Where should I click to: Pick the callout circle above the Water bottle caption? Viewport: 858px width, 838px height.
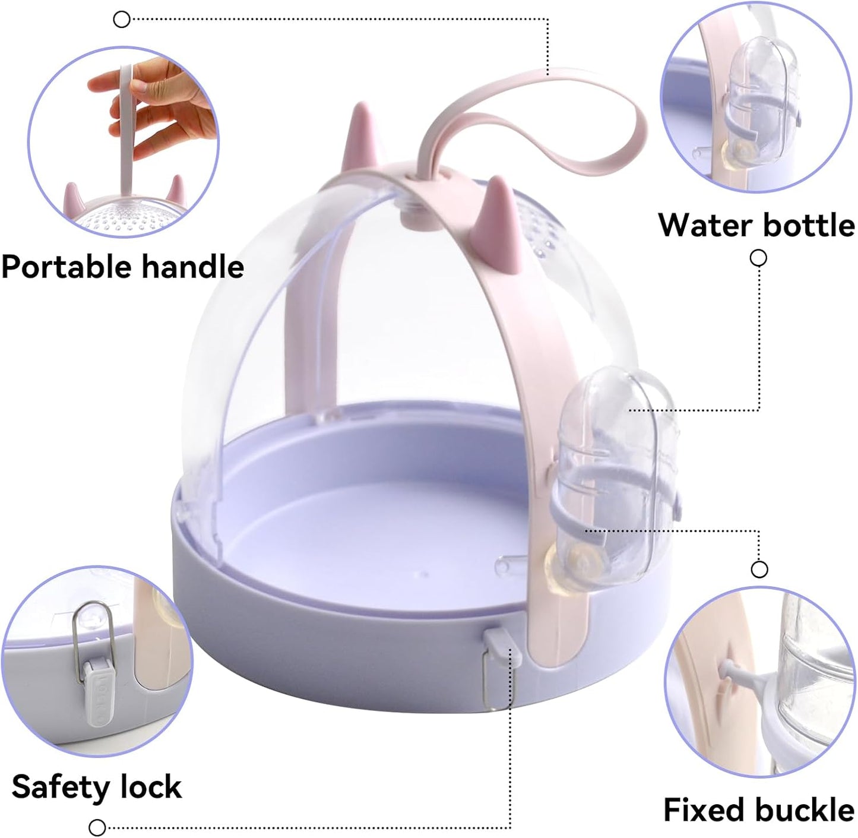coord(758,258)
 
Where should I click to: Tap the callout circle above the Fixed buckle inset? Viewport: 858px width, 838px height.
coord(759,570)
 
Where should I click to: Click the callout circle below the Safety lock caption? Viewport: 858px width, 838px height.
coord(97,827)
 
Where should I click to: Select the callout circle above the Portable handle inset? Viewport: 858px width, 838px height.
coord(122,20)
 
